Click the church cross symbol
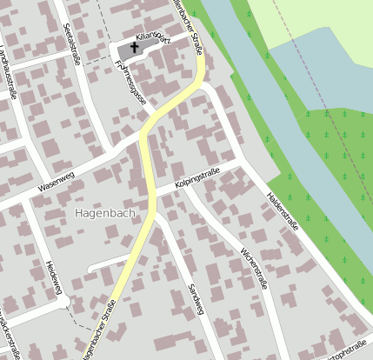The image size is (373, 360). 136,49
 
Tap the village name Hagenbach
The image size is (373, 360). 105,211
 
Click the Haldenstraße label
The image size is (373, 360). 283,210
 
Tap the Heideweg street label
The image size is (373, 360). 55,277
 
